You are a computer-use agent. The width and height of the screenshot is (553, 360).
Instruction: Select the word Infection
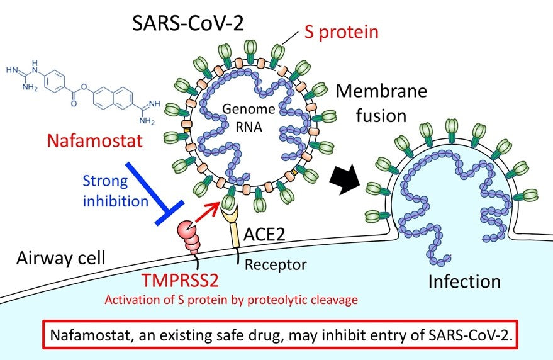coord(464,281)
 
